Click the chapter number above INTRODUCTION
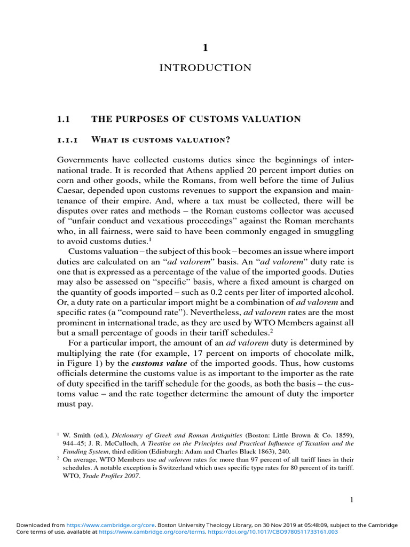click(x=205, y=48)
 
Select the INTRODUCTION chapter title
click(x=205, y=68)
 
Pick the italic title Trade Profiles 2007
click(x=115, y=475)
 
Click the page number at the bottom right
click(x=351, y=499)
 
